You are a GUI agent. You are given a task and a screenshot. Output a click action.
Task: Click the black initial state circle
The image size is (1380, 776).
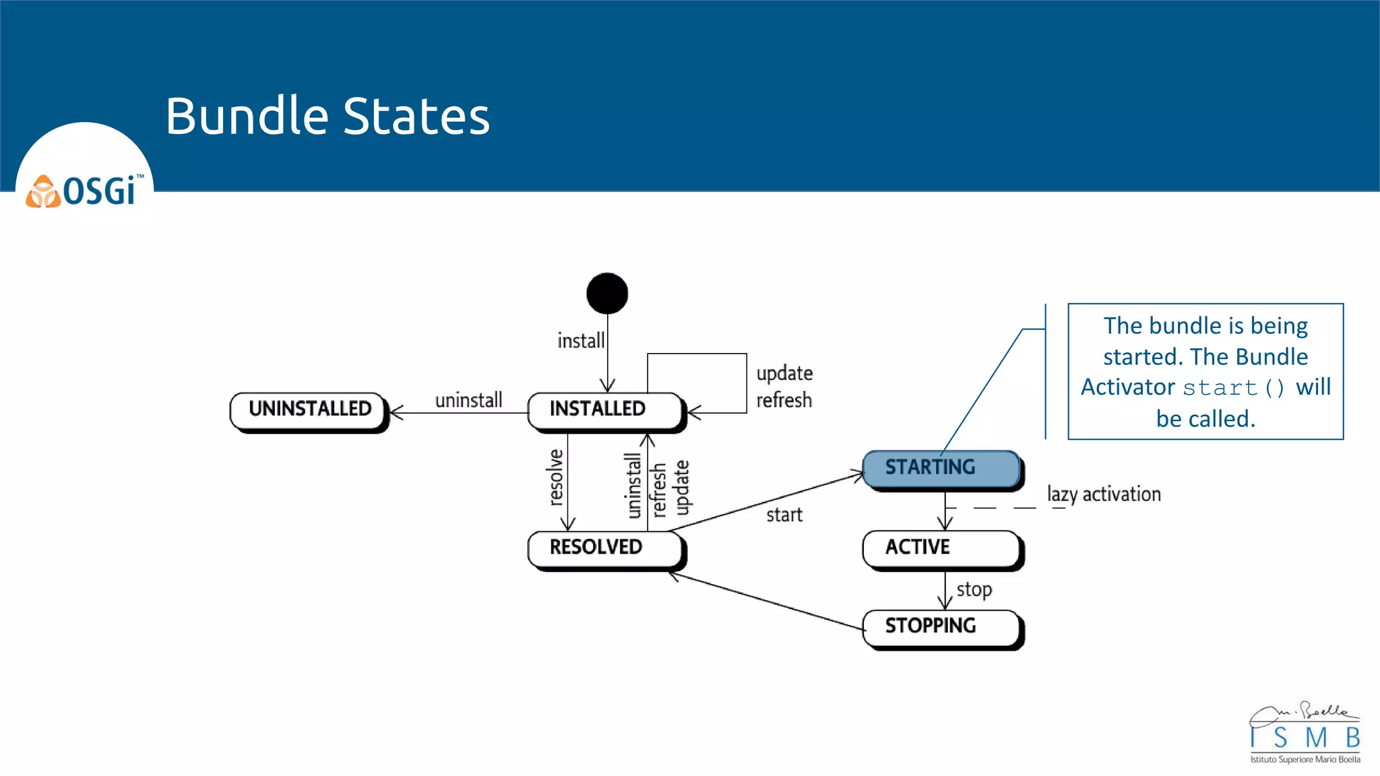pos(607,293)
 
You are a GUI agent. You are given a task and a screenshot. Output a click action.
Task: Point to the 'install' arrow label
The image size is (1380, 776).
pos(580,341)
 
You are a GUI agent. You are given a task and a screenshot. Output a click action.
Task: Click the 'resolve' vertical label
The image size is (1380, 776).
pos(555,477)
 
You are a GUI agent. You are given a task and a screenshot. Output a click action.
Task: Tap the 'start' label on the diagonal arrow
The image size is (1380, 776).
pos(784,515)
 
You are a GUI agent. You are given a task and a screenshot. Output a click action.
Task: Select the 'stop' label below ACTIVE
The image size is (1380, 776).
pos(974,589)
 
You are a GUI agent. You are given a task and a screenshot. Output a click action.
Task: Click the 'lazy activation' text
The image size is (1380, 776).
pos(1104,494)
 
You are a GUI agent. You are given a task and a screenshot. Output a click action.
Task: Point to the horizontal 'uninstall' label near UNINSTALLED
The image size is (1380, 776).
pos(468,400)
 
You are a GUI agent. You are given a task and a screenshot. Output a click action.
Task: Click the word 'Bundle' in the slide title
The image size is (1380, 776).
pos(247,116)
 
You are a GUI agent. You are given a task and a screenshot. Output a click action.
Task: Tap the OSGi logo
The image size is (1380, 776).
pos(85,191)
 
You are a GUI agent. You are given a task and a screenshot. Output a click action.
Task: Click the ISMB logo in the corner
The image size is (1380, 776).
pos(1305,734)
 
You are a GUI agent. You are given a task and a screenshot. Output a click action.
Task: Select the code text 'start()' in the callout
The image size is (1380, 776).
pos(1233,388)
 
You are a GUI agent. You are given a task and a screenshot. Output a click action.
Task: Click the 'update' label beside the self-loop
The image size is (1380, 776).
pos(784,374)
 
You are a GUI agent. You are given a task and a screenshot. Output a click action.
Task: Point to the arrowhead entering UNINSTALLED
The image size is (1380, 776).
pos(396,412)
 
